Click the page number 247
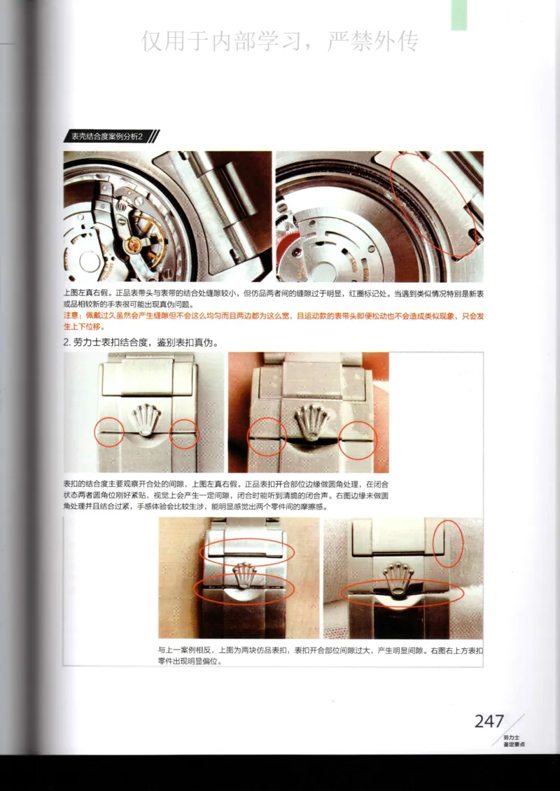point(489,721)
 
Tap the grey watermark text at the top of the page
point(280,41)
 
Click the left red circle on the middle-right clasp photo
point(268,437)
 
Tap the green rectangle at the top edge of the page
point(458,15)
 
